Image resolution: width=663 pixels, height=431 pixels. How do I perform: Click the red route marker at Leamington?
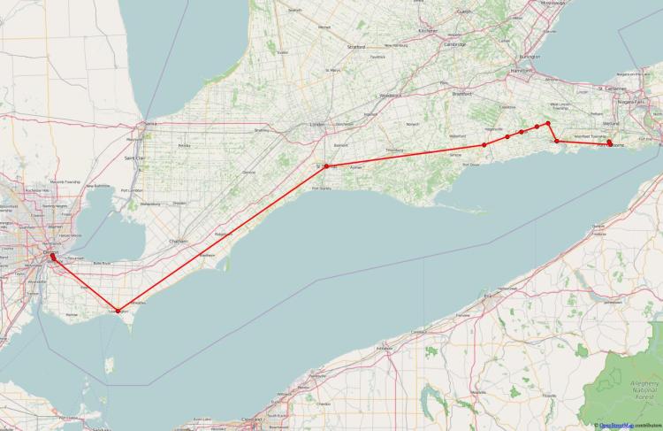pos(118,311)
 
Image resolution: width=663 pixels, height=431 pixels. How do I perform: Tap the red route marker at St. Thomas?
pos(326,165)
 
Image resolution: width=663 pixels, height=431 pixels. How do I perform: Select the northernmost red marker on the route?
pos(548,123)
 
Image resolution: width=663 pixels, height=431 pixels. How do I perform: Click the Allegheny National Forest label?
pos(634,386)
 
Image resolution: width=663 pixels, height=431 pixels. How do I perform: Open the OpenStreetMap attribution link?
pos(616,426)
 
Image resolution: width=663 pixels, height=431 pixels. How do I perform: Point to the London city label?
pos(316,125)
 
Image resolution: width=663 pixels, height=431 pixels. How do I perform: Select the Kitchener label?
pos(429,30)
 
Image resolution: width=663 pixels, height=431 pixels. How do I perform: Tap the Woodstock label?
pos(390,95)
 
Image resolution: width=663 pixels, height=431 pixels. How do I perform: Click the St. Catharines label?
pos(611,89)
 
